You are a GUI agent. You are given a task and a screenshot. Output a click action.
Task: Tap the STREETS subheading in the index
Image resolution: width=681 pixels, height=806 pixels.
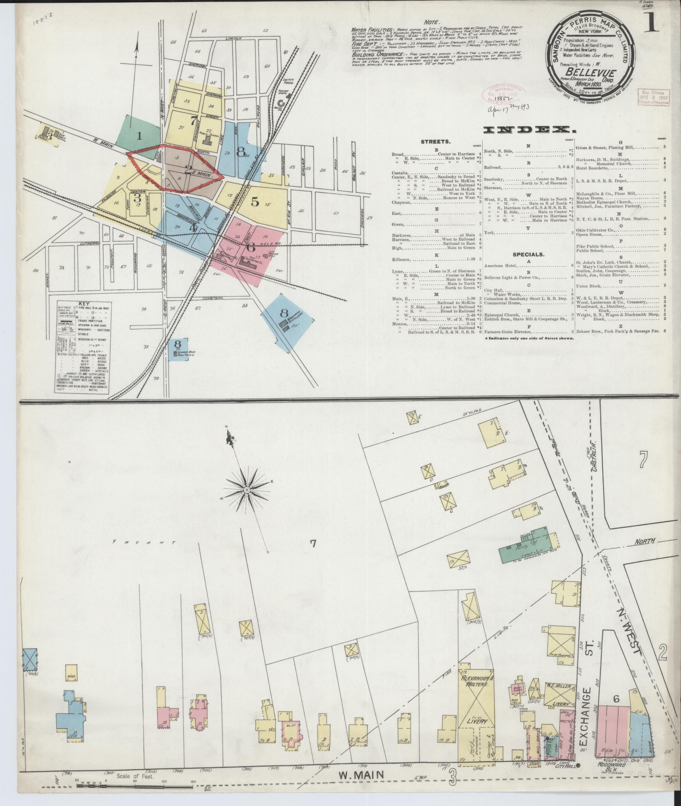435,142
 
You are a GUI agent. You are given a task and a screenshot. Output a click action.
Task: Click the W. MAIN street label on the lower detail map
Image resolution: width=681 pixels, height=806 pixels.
361,775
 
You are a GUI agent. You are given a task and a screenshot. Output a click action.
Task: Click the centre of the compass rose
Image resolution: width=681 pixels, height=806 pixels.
247,489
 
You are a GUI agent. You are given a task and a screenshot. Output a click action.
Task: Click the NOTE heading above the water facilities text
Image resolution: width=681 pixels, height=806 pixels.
431,22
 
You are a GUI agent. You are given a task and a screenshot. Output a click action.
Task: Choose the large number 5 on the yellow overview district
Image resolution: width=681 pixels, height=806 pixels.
255,202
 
